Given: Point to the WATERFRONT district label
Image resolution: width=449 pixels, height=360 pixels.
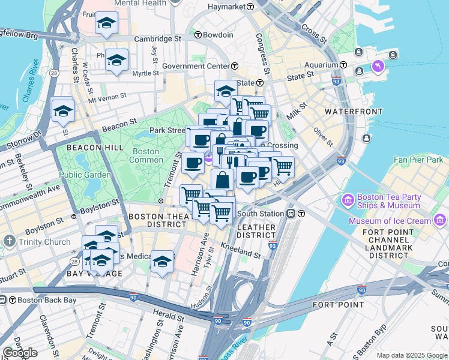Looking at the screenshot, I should coord(354,112).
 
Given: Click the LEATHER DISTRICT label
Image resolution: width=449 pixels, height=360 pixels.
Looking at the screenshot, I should coord(256,232).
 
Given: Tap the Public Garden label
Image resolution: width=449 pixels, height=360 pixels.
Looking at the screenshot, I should coord(85,175).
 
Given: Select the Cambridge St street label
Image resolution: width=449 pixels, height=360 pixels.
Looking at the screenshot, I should coord(157,38).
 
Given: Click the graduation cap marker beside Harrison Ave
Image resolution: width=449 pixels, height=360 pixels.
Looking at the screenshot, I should coord(162,261).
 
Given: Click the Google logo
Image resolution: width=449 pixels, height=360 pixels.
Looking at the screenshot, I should coord(20,353).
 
